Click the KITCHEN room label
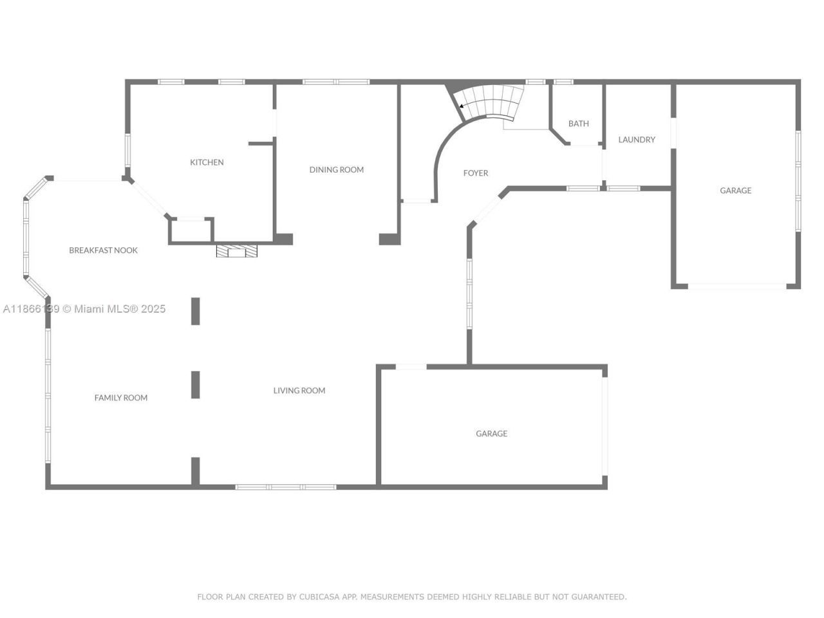click(x=207, y=162)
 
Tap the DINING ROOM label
click(x=336, y=170)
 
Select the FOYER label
click(x=476, y=173)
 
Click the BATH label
click(x=578, y=124)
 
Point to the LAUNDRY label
click(x=637, y=140)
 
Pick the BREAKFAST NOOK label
click(x=103, y=250)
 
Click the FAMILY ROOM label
click(x=121, y=398)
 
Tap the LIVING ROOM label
click(x=299, y=391)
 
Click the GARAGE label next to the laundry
click(x=735, y=191)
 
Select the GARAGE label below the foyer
click(x=491, y=434)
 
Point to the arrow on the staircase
click(x=462, y=106)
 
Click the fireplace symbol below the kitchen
click(x=237, y=251)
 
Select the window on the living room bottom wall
click(x=285, y=487)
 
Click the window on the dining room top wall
click(x=335, y=82)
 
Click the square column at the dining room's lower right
click(x=389, y=239)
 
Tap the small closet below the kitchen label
click(x=191, y=231)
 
